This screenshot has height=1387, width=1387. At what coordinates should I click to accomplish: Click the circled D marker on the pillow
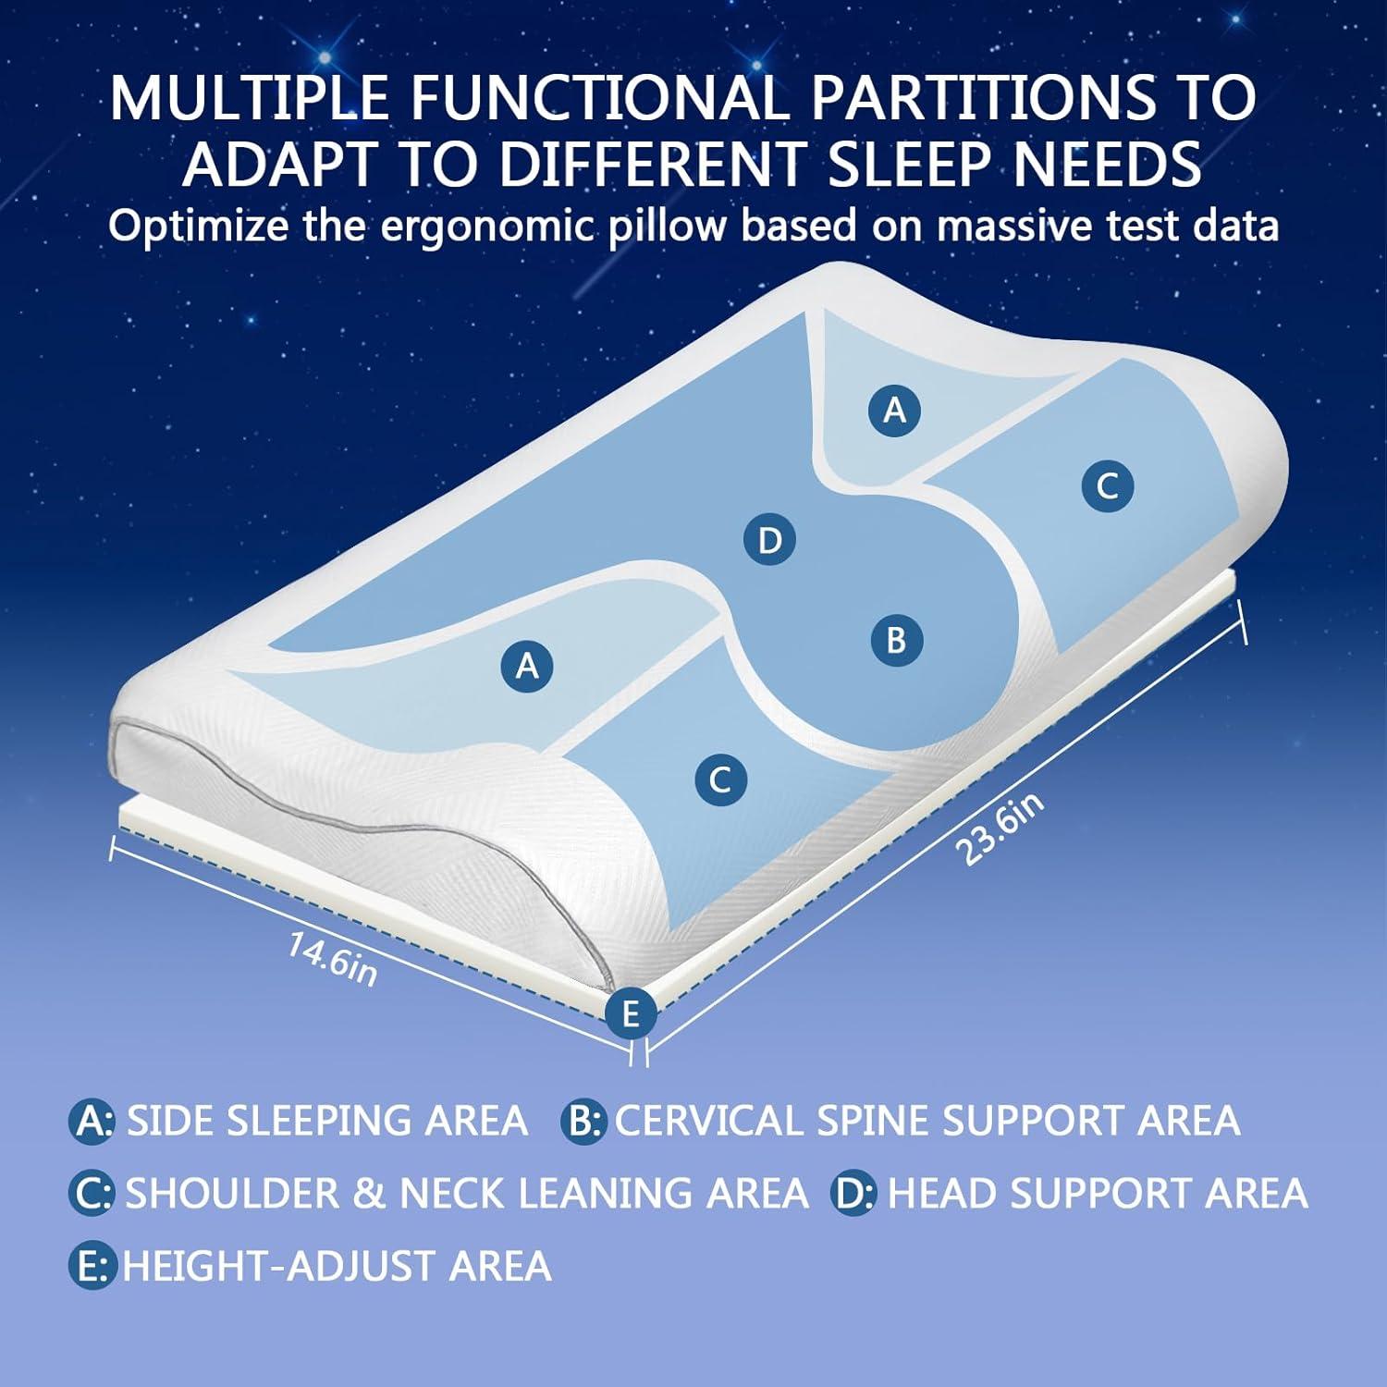769,540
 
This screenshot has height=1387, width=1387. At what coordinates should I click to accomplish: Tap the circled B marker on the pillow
896,640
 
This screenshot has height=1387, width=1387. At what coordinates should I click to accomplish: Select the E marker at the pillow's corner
631,1013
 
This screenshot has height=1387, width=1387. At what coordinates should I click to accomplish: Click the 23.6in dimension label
1002,827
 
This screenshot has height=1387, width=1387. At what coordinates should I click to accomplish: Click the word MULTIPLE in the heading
250,97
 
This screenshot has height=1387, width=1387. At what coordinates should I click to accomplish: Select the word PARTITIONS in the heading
982,97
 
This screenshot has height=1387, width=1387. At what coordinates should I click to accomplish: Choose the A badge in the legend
92,1121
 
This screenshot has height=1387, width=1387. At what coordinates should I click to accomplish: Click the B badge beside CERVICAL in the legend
583,1121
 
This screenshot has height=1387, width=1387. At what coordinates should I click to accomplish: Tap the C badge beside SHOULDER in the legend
92,1193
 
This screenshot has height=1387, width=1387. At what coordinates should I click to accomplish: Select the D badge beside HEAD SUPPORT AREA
853,1193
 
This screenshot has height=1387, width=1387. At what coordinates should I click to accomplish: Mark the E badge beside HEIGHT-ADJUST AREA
92,1266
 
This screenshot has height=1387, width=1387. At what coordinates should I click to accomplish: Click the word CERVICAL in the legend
709,1121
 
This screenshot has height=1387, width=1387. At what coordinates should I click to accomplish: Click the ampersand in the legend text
369,1193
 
